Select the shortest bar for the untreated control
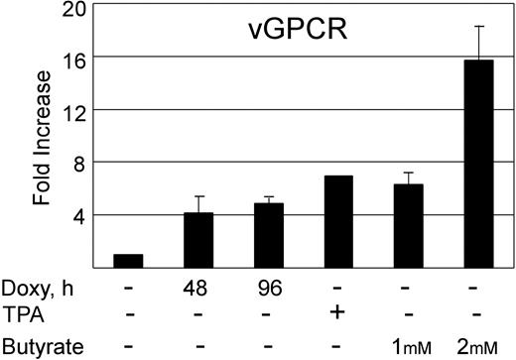click(x=129, y=261)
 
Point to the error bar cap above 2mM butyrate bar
click(x=480, y=27)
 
